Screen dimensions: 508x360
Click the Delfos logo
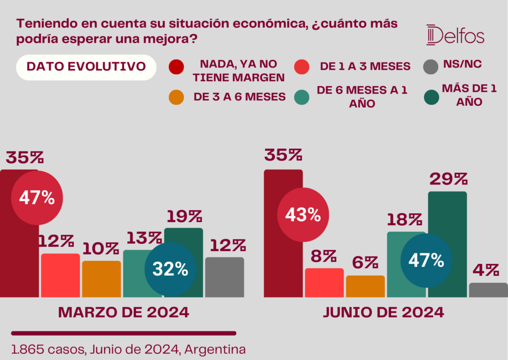[x=455, y=35]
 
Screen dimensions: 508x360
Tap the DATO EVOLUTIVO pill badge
[x=86, y=67]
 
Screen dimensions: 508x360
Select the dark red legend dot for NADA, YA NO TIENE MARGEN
[x=176, y=67]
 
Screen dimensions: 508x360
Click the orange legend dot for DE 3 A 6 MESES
[x=176, y=97]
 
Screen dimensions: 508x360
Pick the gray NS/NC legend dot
[x=431, y=67]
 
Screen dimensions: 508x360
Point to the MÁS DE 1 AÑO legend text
[x=469, y=95]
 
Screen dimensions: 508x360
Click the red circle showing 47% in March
[x=37, y=198]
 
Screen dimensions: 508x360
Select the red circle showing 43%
[x=303, y=215]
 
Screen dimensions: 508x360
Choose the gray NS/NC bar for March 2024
[x=225, y=277]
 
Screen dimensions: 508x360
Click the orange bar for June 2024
[x=366, y=286]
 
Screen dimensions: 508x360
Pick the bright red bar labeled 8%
[x=324, y=283]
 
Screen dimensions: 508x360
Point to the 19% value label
[x=185, y=216]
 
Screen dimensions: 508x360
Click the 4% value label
[x=486, y=270]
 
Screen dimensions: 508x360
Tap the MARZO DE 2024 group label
[x=124, y=312]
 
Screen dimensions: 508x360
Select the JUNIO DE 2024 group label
[x=383, y=312]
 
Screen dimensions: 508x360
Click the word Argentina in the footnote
[x=215, y=350]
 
